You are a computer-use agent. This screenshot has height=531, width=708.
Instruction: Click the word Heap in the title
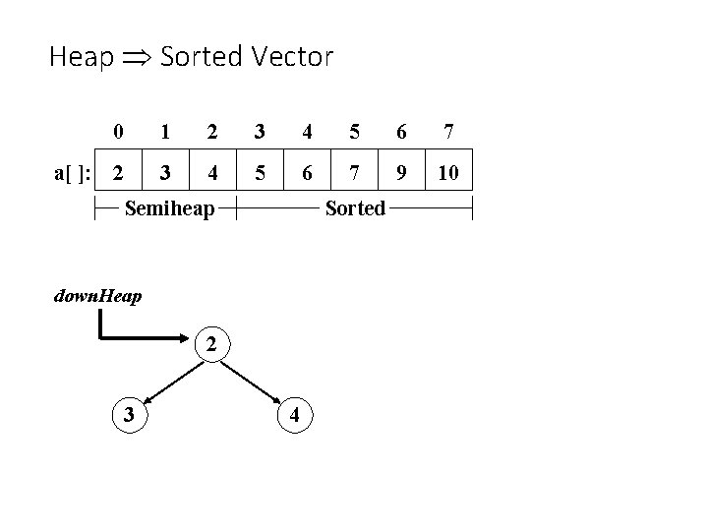81,57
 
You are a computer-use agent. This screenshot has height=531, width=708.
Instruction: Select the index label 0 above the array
118,131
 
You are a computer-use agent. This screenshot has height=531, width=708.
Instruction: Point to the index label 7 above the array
448,131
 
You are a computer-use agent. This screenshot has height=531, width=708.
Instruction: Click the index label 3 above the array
260,131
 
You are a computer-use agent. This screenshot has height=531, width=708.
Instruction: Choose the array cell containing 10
448,173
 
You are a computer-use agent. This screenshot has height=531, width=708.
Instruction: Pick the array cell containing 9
401,173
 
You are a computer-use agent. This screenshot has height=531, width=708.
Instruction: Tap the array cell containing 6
308,173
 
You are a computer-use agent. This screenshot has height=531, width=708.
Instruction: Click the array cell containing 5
261,173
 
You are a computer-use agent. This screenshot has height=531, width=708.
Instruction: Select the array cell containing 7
355,173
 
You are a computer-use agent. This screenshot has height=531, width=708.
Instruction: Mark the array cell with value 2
119,173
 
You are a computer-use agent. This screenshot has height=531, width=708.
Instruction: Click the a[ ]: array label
72,174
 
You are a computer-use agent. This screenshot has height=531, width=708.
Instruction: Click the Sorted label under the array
355,207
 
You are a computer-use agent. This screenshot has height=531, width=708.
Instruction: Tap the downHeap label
98,294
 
